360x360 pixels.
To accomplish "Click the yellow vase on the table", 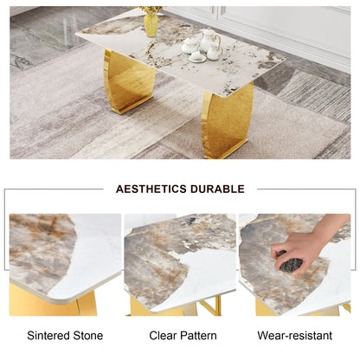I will point(151,22).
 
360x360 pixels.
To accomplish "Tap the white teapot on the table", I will point(209,39).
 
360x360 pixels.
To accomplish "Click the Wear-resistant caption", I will point(293,335).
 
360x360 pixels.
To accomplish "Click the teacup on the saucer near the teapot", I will point(198,55).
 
